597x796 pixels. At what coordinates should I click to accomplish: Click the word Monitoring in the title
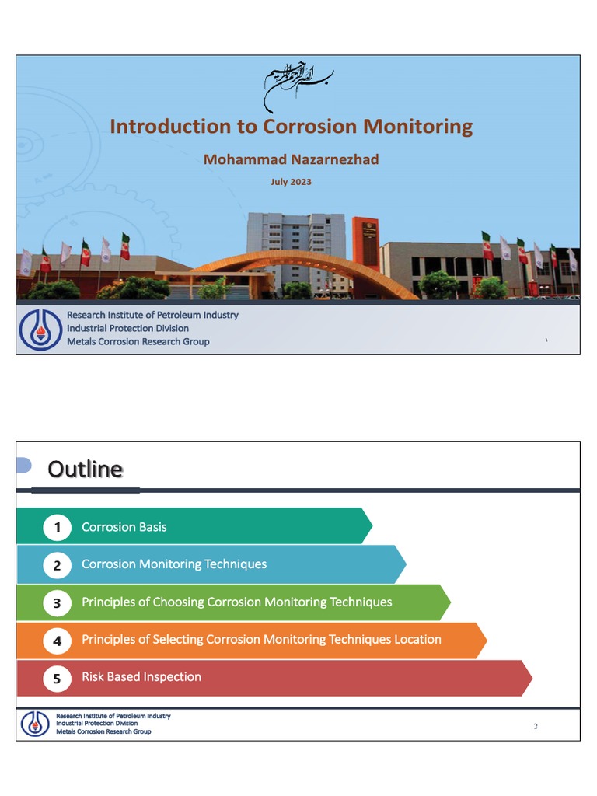tap(413, 127)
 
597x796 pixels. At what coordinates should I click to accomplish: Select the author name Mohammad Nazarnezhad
tap(291, 159)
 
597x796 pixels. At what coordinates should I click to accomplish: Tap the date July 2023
tap(291, 182)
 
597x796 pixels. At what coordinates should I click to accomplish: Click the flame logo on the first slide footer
tap(40, 329)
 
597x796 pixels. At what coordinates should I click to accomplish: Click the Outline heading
tap(85, 469)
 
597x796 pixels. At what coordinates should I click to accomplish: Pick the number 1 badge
tap(57, 528)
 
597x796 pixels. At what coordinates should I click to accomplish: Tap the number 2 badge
tap(57, 565)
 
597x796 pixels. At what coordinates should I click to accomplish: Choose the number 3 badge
tap(57, 602)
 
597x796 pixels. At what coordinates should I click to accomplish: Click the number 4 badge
tap(57, 641)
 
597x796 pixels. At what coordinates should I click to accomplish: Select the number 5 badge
tap(57, 678)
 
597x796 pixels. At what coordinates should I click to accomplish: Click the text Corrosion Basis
tap(124, 527)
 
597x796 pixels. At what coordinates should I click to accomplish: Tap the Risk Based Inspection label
tap(141, 677)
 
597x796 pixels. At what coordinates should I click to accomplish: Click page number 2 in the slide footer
tap(536, 727)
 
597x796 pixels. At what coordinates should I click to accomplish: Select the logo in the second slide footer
tap(34, 724)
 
